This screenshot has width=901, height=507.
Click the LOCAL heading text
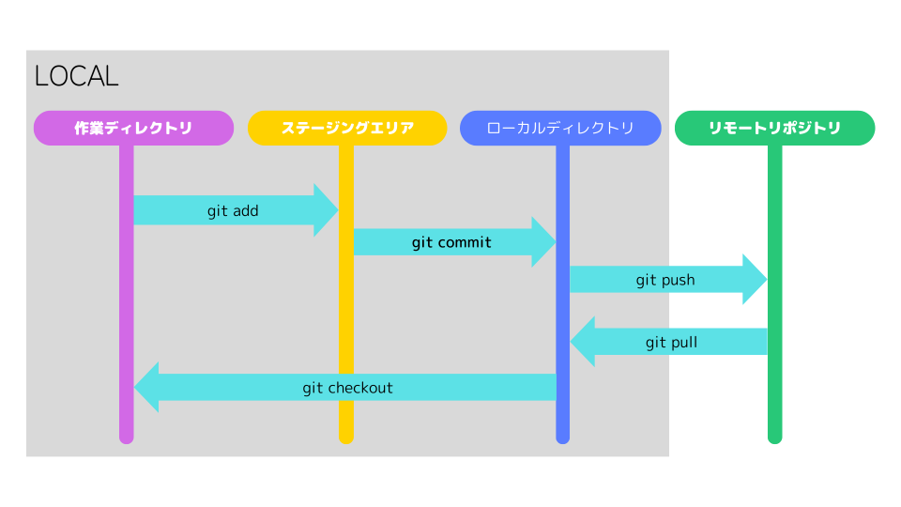pyautogui.click(x=76, y=76)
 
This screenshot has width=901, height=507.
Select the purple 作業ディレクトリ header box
pyautogui.click(x=133, y=129)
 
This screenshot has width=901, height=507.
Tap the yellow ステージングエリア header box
pyautogui.click(x=347, y=129)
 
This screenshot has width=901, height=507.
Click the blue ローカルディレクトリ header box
pyautogui.click(x=560, y=129)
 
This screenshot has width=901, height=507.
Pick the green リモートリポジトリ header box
pyautogui.click(x=774, y=129)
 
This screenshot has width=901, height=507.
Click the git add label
pyautogui.click(x=233, y=211)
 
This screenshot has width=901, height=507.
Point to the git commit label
pyautogui.click(x=451, y=243)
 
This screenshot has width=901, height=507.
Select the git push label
pyautogui.click(x=665, y=280)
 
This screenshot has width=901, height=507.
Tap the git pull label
pyautogui.click(x=671, y=343)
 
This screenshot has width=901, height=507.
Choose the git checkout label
pyautogui.click(x=347, y=388)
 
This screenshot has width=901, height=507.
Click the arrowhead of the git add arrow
pyautogui.click(x=327, y=210)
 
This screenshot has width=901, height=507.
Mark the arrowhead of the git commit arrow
pyautogui.click(x=544, y=242)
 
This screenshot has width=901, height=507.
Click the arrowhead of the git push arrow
pyautogui.click(x=756, y=279)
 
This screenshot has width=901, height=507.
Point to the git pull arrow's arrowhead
pyautogui.click(x=582, y=342)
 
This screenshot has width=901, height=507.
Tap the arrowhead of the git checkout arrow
pyautogui.click(x=146, y=387)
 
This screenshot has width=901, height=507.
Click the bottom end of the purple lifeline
pyautogui.click(x=127, y=437)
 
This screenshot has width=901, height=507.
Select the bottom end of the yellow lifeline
pyautogui.click(x=346, y=437)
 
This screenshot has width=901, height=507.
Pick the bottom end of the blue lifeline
pyautogui.click(x=562, y=437)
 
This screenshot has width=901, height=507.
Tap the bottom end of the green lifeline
pyautogui.click(x=774, y=437)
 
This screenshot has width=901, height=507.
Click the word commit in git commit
pyautogui.click(x=465, y=243)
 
